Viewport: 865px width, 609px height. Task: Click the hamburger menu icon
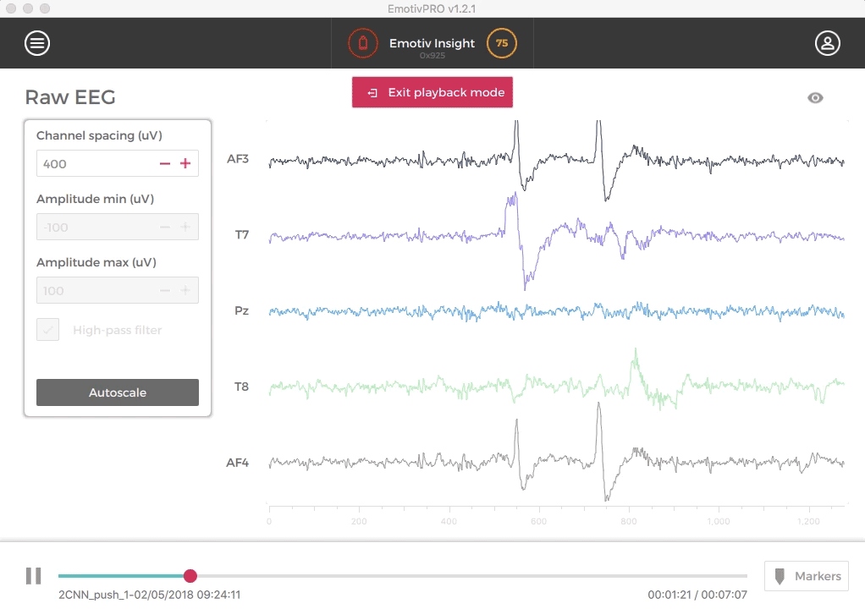click(x=37, y=43)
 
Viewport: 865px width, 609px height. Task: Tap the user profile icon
click(x=827, y=43)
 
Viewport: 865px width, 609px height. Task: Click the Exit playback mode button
click(x=432, y=92)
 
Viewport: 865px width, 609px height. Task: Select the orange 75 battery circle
click(x=501, y=43)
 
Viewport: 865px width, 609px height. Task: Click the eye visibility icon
click(x=815, y=98)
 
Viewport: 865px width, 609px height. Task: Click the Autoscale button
click(x=118, y=392)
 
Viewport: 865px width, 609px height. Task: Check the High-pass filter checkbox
click(x=48, y=330)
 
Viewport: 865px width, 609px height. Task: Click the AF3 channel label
click(x=238, y=158)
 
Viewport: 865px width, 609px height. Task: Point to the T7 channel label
click(x=242, y=234)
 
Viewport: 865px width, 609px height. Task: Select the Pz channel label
click(x=241, y=310)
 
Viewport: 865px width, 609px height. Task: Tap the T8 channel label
click(x=242, y=387)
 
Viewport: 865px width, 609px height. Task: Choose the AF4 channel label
click(x=238, y=463)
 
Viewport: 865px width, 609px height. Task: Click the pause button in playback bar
click(x=33, y=576)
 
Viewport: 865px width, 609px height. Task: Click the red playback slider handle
click(x=190, y=576)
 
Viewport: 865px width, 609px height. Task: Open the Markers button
click(x=807, y=576)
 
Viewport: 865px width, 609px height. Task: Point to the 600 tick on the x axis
click(x=538, y=521)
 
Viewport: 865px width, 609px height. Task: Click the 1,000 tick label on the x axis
click(x=719, y=521)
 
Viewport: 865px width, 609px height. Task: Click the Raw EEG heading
click(x=70, y=97)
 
